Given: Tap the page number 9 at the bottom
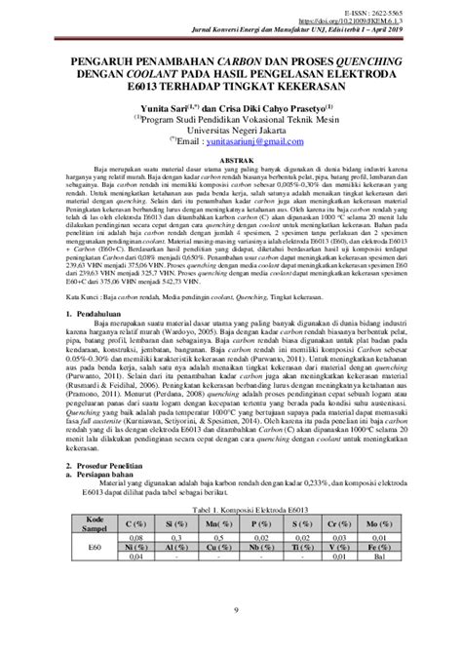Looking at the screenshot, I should point(230,638).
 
